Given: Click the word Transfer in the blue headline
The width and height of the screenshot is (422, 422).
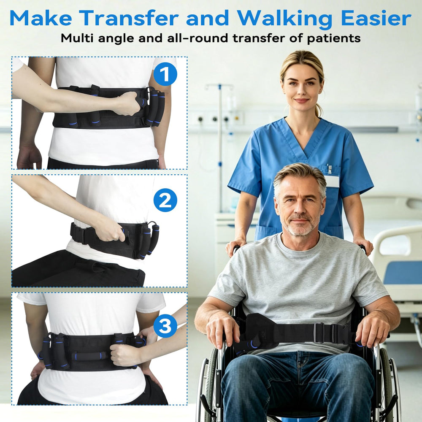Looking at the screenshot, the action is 129,18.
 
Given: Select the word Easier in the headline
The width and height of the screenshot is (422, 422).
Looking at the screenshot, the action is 376,18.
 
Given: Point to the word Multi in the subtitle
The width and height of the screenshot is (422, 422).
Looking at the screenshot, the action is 77,38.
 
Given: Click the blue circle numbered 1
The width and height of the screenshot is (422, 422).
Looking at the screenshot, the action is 165,74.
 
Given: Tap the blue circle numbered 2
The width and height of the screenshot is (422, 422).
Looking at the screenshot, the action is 165,200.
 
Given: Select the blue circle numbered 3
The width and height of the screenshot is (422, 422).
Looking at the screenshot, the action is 165,326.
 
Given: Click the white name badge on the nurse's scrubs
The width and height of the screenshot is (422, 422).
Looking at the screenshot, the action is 332,181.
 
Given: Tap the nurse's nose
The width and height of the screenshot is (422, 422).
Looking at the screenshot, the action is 301,91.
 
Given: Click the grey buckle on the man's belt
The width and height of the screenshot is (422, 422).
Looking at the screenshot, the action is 319,333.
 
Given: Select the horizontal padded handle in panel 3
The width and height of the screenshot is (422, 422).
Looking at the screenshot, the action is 89,356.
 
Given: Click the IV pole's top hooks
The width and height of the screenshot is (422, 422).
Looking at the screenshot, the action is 219,86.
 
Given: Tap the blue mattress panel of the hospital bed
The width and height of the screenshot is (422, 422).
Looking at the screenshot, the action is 403,272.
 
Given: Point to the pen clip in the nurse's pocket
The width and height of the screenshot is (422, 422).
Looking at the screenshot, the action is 329,169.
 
